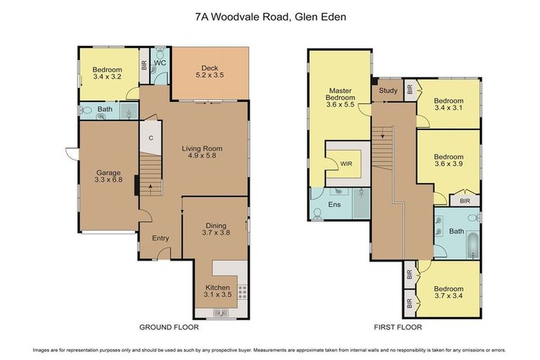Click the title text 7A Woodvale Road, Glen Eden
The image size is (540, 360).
click(270, 15)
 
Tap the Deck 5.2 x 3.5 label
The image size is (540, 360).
click(209, 72)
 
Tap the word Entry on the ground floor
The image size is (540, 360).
click(161, 238)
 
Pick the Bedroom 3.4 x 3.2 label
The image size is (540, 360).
click(107, 74)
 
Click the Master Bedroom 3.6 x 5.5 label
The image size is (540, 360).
click(340, 98)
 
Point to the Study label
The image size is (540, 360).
click(387, 91)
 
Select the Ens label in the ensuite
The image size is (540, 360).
click(335, 205)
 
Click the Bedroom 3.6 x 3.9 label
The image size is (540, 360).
click(448, 161)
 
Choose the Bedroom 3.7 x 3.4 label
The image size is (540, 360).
click(448, 293)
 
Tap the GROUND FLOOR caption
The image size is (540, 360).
click(169, 327)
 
